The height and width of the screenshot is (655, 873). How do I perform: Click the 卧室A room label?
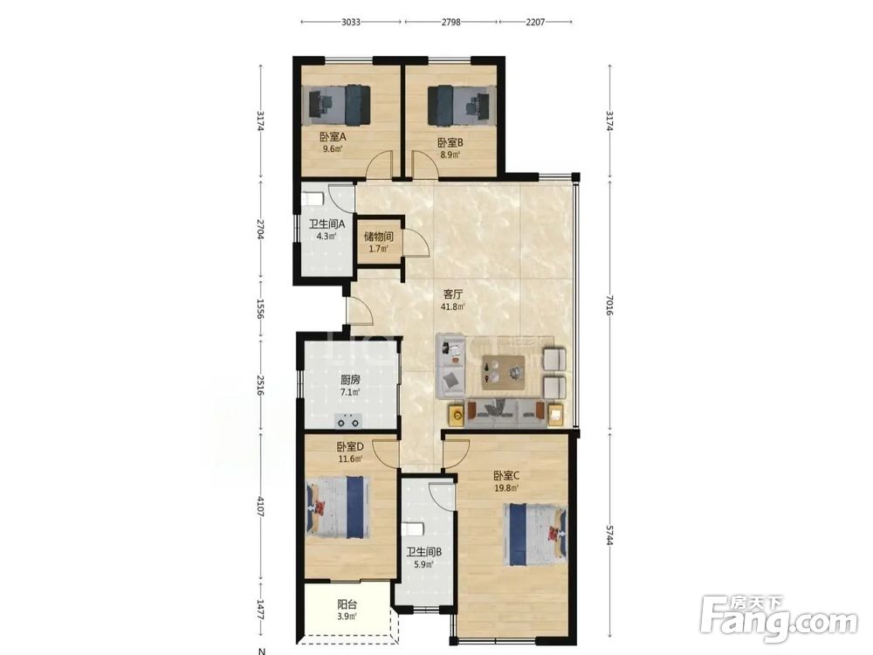(333, 137)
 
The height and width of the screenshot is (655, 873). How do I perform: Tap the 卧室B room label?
(450, 142)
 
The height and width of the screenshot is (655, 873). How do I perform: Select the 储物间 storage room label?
(379, 236)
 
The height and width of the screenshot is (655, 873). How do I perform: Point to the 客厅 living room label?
(452, 293)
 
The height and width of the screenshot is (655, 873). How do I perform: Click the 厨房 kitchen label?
(350, 380)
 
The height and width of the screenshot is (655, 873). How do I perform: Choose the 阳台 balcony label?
(347, 604)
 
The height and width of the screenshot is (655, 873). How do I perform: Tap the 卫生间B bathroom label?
(423, 552)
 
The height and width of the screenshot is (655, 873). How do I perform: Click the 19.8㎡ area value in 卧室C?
(506, 488)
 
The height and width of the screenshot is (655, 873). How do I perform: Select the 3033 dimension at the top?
(351, 23)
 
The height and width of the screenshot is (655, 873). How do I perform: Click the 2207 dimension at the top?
(535, 23)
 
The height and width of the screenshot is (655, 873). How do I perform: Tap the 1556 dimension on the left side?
(260, 308)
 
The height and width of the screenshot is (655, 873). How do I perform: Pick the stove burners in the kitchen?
(348, 421)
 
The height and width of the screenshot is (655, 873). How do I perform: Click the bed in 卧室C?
(535, 534)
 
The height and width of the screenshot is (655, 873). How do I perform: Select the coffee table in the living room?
(504, 370)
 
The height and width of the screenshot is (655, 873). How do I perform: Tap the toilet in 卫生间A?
(312, 199)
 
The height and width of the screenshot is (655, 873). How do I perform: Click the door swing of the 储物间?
(416, 242)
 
